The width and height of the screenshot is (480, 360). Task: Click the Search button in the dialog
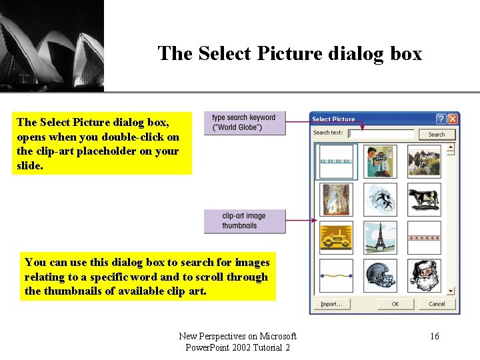click(x=436, y=134)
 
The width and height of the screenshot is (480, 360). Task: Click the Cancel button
click(x=437, y=304)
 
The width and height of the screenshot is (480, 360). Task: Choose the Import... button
click(x=331, y=304)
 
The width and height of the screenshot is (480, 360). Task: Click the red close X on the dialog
click(x=453, y=119)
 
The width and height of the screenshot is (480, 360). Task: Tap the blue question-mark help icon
click(x=441, y=119)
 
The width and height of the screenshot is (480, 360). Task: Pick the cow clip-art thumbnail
click(x=424, y=199)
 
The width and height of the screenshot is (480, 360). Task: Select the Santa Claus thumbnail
click(x=424, y=275)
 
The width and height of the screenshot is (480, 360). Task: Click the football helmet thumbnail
click(x=380, y=275)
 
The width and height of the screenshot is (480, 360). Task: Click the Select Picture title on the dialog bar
click(x=333, y=119)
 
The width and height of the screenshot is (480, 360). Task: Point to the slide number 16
click(x=435, y=337)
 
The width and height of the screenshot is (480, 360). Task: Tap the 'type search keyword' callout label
click(x=244, y=123)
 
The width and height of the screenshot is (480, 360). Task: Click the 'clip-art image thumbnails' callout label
click(x=244, y=221)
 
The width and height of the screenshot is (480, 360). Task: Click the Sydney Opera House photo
click(x=51, y=45)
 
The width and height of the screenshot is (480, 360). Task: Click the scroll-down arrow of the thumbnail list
click(x=451, y=291)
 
